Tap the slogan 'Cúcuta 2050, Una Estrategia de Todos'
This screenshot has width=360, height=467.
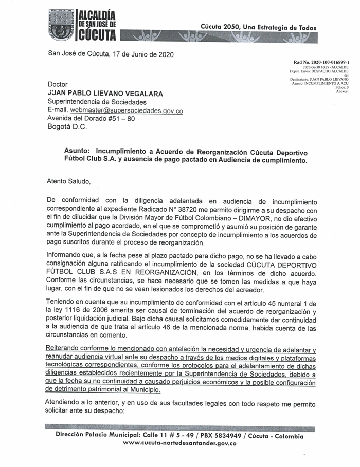coord(259,27)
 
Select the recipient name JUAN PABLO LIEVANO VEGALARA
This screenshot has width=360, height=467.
coord(105,94)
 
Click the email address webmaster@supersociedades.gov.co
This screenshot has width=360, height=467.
coord(127,110)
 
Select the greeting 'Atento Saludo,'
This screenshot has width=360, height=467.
coord(68,181)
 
